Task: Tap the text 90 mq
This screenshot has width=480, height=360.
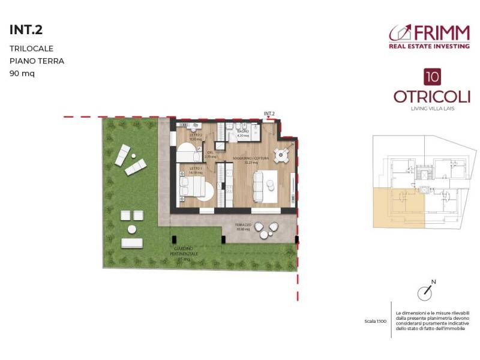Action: click(x=22, y=74)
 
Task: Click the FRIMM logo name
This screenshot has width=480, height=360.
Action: click(x=440, y=32)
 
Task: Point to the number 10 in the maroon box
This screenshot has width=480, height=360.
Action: click(x=431, y=76)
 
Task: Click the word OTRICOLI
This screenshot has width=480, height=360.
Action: click(x=431, y=97)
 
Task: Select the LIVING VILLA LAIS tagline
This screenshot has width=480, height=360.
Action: click(x=431, y=109)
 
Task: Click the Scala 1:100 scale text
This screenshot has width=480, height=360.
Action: click(x=375, y=322)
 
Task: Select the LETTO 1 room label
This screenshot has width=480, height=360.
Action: click(x=196, y=170)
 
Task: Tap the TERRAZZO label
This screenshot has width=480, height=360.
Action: click(x=243, y=227)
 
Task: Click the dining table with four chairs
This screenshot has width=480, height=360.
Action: click(x=281, y=155)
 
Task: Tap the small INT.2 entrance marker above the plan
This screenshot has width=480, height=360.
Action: click(x=269, y=113)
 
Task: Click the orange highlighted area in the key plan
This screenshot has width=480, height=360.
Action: click(x=397, y=208)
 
